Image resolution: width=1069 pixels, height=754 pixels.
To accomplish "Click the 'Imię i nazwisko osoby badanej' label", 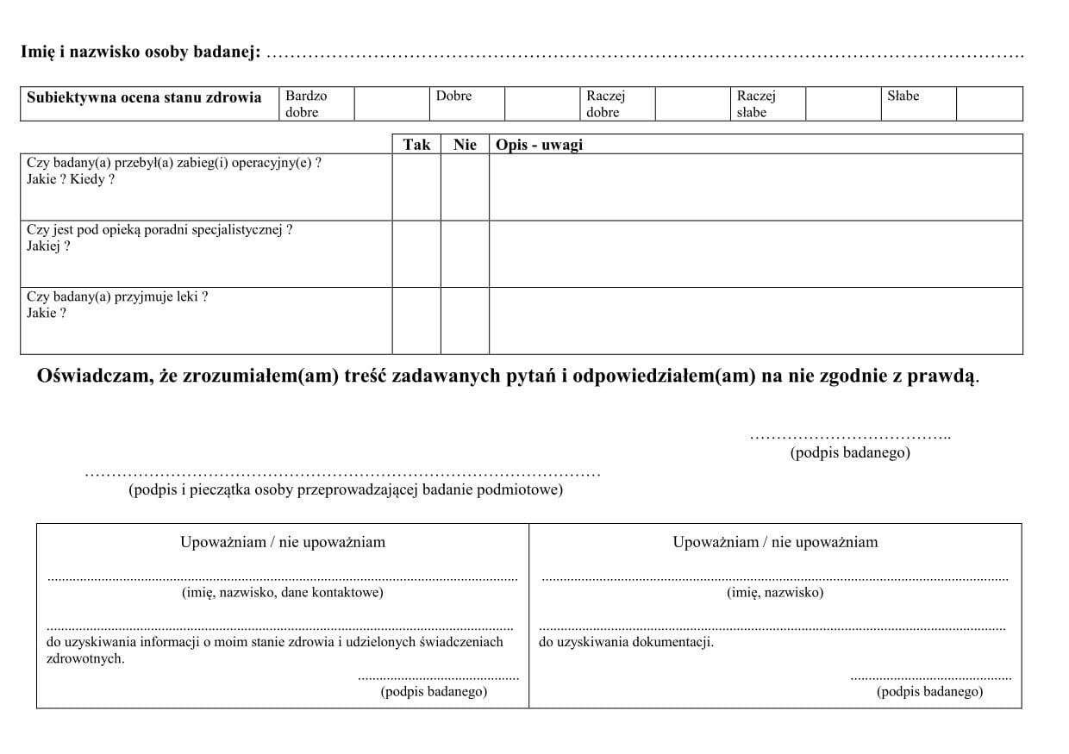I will [x=140, y=53].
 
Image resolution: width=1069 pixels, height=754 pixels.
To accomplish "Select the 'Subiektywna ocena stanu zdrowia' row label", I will [x=144, y=97].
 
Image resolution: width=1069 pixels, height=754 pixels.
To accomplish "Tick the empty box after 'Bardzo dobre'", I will [x=391, y=103].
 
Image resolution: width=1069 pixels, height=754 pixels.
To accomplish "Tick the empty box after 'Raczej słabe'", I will [x=842, y=103].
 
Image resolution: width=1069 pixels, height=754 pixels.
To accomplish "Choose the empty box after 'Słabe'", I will [x=989, y=103].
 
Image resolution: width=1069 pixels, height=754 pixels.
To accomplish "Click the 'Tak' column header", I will [x=416, y=145].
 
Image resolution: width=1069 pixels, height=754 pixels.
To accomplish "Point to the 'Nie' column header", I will [x=465, y=145].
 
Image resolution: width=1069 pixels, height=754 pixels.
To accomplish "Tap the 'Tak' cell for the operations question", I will [x=416, y=187].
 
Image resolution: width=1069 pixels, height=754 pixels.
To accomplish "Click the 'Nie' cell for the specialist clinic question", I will [x=465, y=254].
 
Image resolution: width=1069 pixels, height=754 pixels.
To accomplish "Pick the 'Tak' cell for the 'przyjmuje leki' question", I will [x=416, y=321].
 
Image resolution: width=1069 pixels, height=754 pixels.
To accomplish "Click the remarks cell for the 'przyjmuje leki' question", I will [x=755, y=321].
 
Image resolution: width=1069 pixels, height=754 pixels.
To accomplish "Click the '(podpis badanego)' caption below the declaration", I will [x=850, y=452].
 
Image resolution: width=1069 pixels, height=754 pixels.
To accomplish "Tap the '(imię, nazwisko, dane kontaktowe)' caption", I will [x=283, y=592].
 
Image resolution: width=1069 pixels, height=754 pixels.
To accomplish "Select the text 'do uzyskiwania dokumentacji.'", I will [x=626, y=642].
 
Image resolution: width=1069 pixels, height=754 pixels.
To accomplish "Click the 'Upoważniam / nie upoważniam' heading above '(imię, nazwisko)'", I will [x=775, y=542].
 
